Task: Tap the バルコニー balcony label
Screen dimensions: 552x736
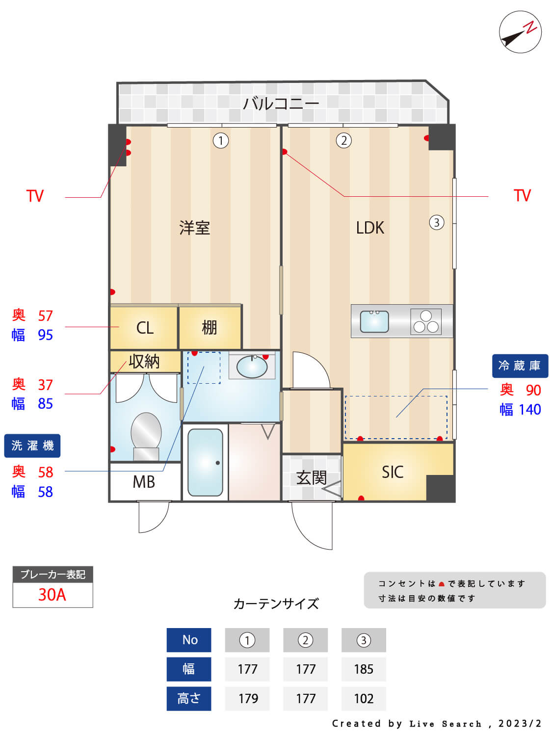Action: coord(281,104)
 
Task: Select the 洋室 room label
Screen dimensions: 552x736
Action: coord(194,228)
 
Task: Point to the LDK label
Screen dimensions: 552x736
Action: coord(370,228)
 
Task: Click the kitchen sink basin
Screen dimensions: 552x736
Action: coord(374,321)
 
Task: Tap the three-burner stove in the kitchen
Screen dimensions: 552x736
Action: coord(425,321)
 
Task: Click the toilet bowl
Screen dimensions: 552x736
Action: coord(146,436)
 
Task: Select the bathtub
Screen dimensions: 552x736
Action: coord(205,463)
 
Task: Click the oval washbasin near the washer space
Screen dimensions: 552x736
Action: coord(252,367)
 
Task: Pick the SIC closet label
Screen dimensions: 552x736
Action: coord(393,472)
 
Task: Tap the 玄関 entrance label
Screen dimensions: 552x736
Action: coord(311,478)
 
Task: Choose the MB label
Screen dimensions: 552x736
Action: coord(144,482)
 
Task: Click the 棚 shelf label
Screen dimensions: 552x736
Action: coord(209,328)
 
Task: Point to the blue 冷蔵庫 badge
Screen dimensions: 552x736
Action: coord(520,366)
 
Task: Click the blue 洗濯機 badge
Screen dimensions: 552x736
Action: coord(32,446)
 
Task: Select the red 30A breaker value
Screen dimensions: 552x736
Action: coord(52,595)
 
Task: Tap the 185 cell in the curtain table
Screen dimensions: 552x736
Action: coord(364,669)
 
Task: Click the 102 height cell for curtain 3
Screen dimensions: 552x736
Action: coord(364,699)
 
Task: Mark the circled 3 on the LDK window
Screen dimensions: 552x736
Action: coord(437,222)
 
